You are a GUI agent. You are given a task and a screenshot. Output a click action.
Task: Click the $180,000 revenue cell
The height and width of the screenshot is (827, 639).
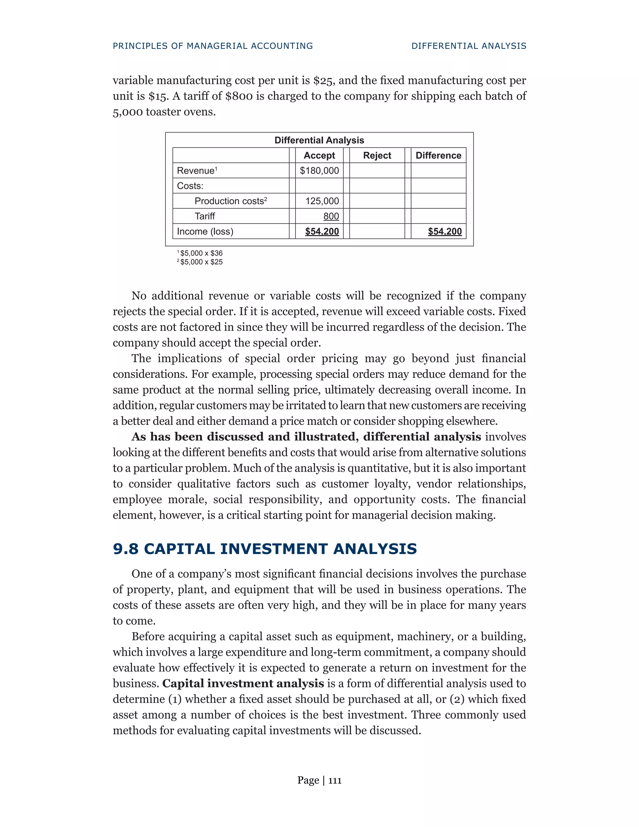coord(319,171)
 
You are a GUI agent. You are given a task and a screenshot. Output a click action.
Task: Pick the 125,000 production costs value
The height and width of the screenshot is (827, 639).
coord(322,201)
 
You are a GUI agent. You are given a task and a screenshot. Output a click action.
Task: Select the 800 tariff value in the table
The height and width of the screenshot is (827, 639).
coord(331,216)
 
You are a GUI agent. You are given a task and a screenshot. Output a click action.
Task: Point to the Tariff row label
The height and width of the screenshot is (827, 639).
coord(204,216)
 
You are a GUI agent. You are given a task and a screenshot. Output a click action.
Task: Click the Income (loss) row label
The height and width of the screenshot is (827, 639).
coord(205,231)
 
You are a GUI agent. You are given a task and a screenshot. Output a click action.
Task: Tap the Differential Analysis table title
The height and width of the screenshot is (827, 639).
coord(319,140)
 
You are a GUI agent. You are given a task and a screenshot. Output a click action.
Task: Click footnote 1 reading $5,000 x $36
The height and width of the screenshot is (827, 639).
coord(201,253)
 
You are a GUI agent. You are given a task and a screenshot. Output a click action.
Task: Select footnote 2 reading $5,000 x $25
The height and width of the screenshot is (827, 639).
coord(201,262)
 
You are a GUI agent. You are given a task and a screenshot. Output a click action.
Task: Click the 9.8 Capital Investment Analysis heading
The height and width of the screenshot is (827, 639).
coord(265,549)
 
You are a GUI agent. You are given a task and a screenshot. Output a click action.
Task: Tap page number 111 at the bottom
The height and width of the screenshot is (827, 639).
coord(335,781)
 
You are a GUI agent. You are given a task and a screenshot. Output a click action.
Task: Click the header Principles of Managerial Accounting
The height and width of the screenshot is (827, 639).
coord(213,46)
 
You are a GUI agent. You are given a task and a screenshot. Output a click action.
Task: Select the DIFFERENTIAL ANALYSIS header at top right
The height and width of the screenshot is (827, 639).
coord(469,46)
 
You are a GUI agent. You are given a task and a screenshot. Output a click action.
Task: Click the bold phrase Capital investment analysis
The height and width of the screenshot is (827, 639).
coord(243,683)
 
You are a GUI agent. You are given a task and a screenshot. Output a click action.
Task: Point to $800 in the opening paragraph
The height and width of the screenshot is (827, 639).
coord(238,96)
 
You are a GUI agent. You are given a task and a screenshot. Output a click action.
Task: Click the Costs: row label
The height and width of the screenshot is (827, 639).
coord(190,186)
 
